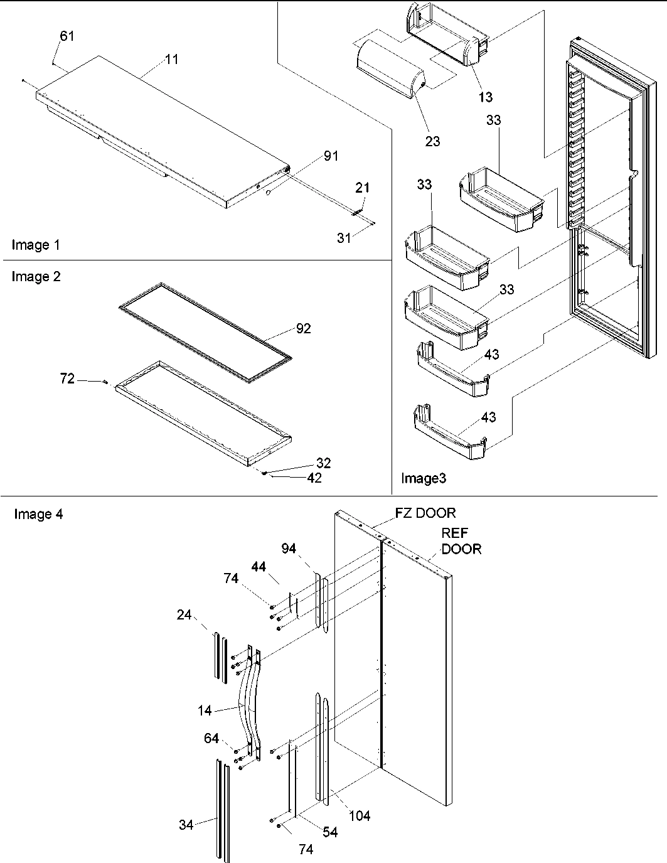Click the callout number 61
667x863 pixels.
pyautogui.click(x=67, y=36)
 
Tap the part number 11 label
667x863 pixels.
pyautogui.click(x=171, y=60)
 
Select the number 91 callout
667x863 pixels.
pyautogui.click(x=330, y=156)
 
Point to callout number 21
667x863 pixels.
pyautogui.click(x=363, y=188)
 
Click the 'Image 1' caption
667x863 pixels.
pyautogui.click(x=36, y=245)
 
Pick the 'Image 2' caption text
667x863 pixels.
pyautogui.click(x=36, y=277)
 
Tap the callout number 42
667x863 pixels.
pyautogui.click(x=314, y=478)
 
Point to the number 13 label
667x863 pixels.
pyautogui.click(x=486, y=97)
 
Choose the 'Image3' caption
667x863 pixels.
pyautogui.click(x=424, y=480)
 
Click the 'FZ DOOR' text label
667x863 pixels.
pyautogui.click(x=425, y=513)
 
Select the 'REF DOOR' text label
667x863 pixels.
pyautogui.click(x=461, y=541)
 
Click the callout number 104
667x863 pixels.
pyautogui.click(x=360, y=816)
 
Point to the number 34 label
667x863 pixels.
pyautogui.click(x=186, y=825)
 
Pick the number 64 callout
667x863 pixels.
pyautogui.click(x=211, y=738)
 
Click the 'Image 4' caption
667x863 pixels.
pyautogui.click(x=38, y=515)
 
